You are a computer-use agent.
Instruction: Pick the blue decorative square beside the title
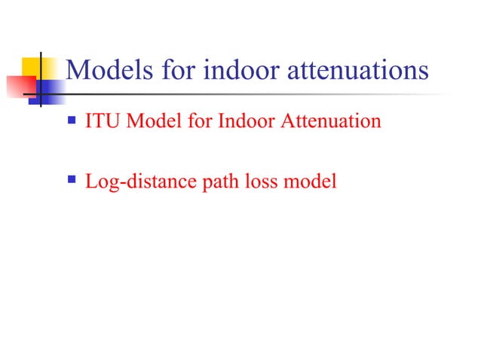tap(50, 91)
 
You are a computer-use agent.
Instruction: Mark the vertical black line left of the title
tap(39, 79)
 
